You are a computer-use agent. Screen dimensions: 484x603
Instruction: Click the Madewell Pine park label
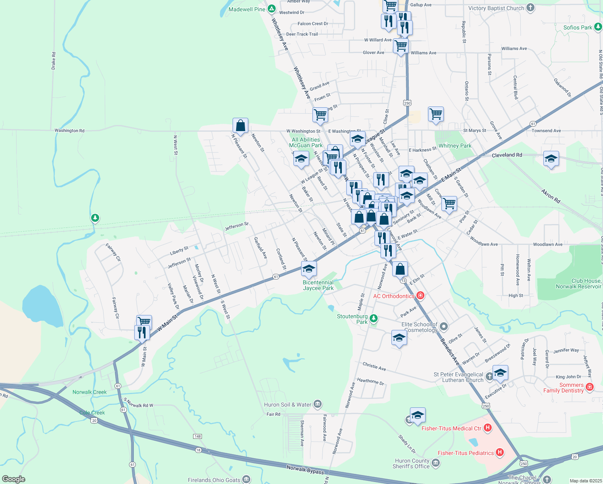pyautogui.click(x=247, y=9)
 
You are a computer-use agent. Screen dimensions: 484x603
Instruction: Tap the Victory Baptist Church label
pyautogui.click(x=496, y=8)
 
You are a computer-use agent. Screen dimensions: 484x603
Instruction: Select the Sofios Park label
pyautogui.click(x=578, y=27)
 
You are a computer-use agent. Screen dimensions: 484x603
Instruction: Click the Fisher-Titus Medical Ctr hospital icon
pyautogui.click(x=488, y=428)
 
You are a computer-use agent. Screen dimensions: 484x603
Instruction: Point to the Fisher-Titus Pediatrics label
pyautogui.click(x=466, y=453)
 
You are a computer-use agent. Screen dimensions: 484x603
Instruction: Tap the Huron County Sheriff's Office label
pyautogui.click(x=412, y=463)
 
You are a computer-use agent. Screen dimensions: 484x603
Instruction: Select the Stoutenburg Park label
pyautogui.click(x=352, y=319)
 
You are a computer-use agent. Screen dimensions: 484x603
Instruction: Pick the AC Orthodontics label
pyautogui.click(x=393, y=296)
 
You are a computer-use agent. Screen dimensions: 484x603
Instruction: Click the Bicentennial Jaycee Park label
pyautogui.click(x=318, y=285)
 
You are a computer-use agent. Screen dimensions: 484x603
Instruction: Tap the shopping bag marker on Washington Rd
pyautogui.click(x=240, y=125)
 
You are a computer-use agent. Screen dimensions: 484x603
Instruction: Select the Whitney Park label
pyautogui.click(x=455, y=146)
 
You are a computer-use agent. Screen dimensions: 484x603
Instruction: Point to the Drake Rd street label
pyautogui.click(x=54, y=60)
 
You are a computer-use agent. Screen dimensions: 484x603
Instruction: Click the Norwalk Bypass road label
pyautogui.click(x=305, y=469)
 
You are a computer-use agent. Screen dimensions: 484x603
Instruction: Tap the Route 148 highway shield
pyautogui.click(x=198, y=436)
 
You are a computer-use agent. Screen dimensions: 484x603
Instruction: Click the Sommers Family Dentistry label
pyautogui.click(x=563, y=388)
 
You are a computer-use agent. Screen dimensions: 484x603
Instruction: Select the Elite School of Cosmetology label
pyautogui.click(x=420, y=327)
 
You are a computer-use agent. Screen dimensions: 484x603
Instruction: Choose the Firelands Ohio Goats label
pyautogui.click(x=214, y=480)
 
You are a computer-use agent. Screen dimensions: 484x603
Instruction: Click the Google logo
pyautogui.click(x=13, y=479)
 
